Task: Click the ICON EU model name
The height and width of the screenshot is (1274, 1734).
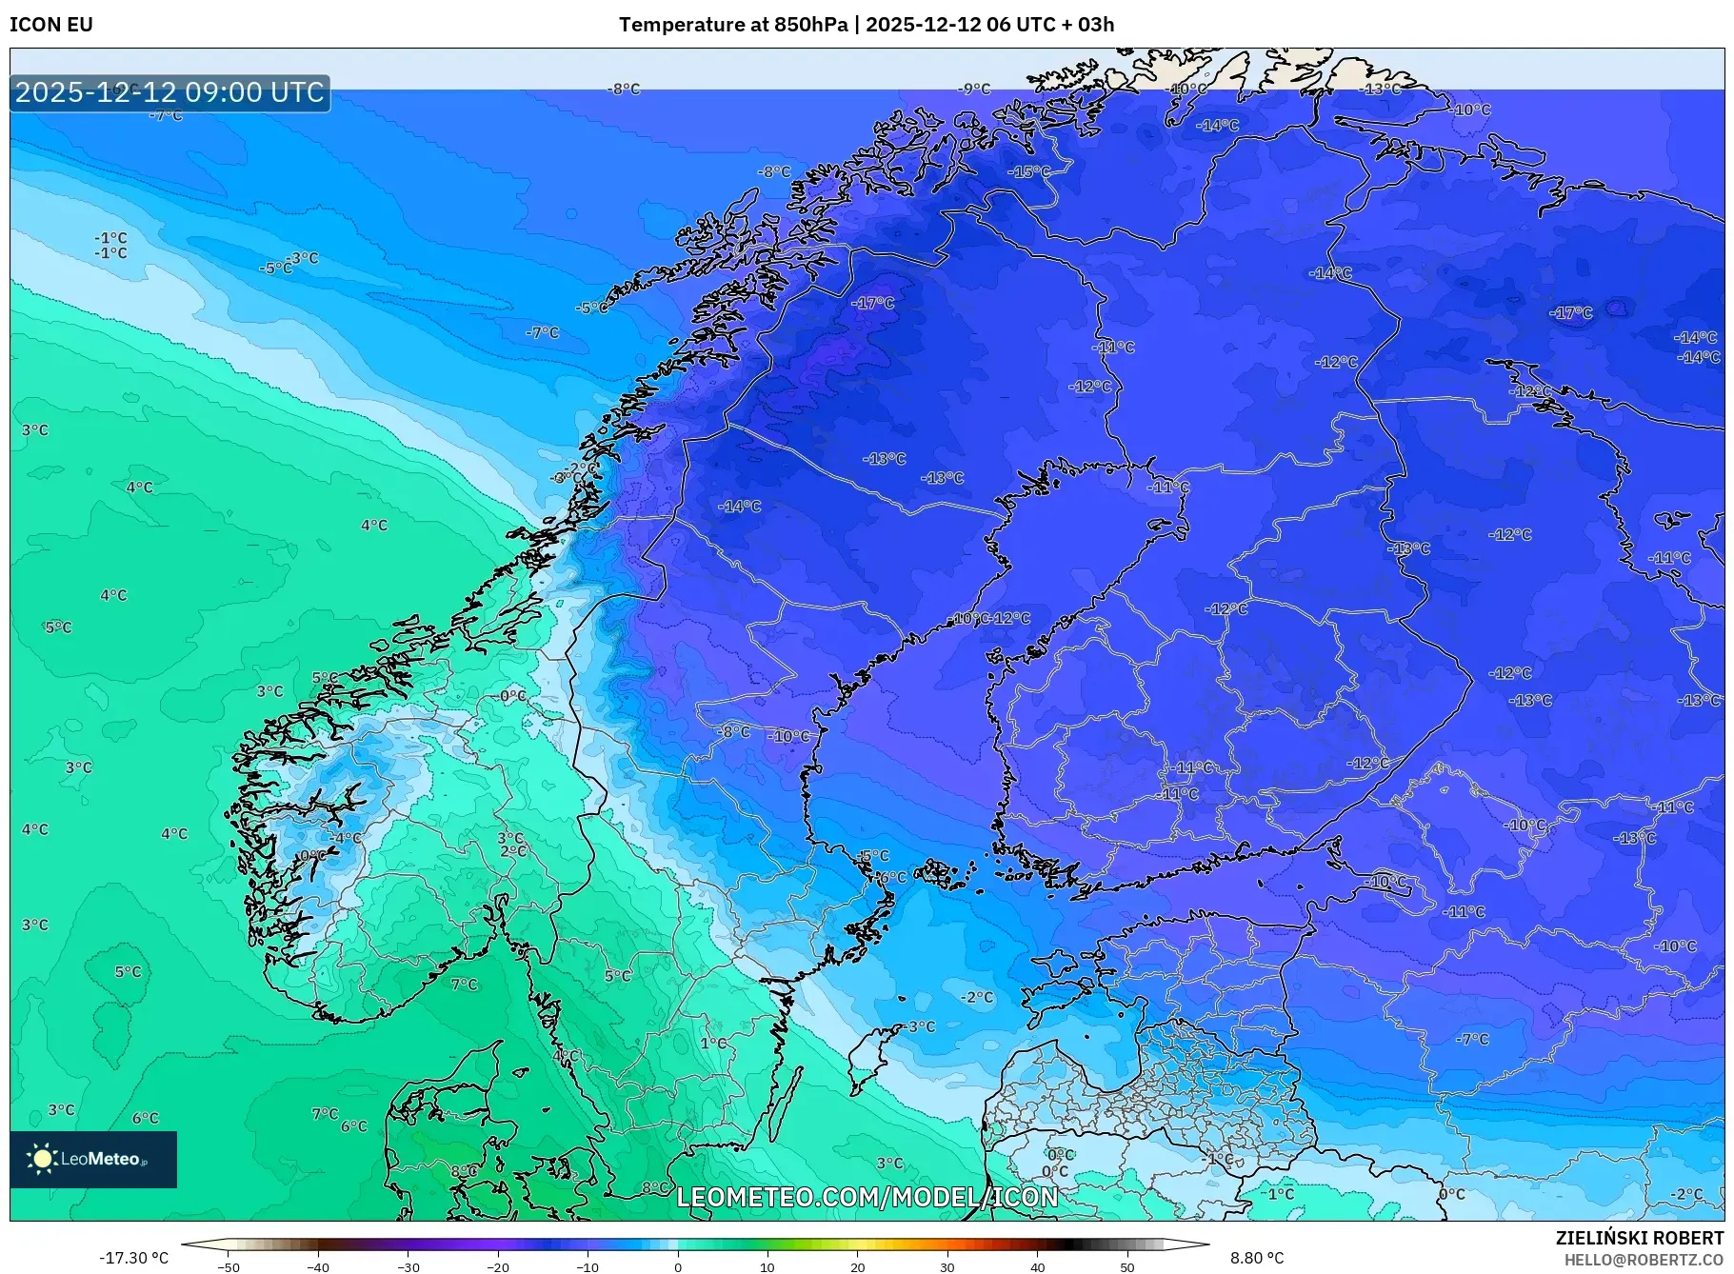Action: tap(51, 25)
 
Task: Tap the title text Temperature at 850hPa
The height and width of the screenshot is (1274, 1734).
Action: tap(732, 25)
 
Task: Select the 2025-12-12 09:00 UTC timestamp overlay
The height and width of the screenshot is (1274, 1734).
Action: tap(169, 92)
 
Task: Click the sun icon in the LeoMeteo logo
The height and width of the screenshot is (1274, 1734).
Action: tap(42, 1158)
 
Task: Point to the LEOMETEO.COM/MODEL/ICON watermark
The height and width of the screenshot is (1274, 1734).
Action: tap(867, 1197)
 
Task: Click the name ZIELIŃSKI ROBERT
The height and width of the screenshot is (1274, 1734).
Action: tap(1639, 1238)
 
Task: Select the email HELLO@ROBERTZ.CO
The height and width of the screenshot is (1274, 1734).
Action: tap(1644, 1260)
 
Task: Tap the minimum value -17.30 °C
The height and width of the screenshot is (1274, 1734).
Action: tap(133, 1258)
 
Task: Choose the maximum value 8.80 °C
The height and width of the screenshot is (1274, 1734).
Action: tap(1257, 1258)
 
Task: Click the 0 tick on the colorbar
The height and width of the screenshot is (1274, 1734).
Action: tap(678, 1266)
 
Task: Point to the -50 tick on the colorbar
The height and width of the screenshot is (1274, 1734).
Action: tap(228, 1266)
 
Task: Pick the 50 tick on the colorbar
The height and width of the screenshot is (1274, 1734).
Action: tap(1127, 1266)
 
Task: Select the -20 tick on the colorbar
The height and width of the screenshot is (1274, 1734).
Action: tap(497, 1266)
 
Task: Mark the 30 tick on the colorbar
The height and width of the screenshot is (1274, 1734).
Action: tap(947, 1266)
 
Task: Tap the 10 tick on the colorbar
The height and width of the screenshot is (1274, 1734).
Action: tap(767, 1266)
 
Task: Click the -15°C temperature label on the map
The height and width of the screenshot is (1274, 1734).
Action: tap(1030, 172)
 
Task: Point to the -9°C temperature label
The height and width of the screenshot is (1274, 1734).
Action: tap(975, 90)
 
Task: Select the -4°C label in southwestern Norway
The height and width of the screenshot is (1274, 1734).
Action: tap(346, 839)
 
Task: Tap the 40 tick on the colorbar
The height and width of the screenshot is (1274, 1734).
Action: tap(1038, 1266)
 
